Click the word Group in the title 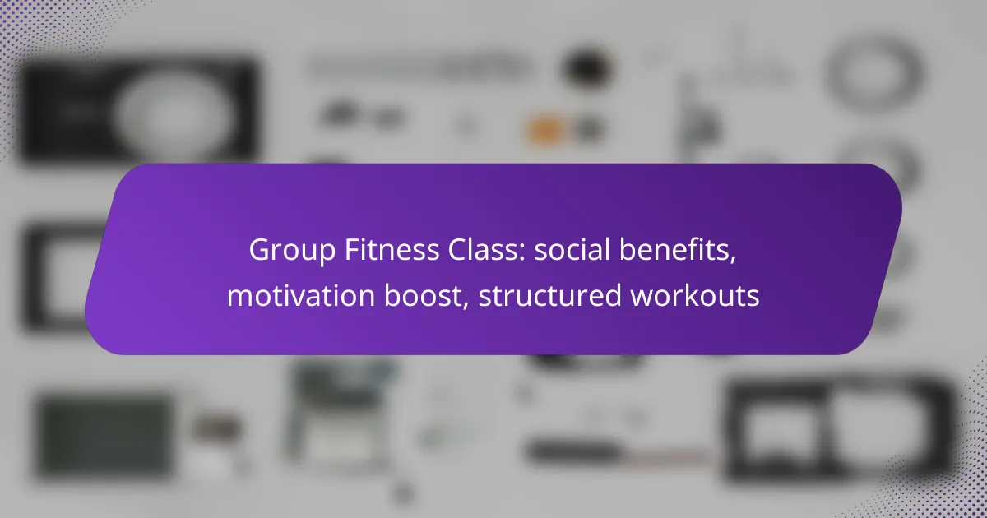pyautogui.click(x=292, y=251)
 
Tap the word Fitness pyautogui.click(x=392, y=250)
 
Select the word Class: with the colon pyautogui.click(x=487, y=250)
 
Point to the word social pyautogui.click(x=572, y=249)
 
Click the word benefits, pyautogui.click(x=678, y=250)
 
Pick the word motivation pyautogui.click(x=300, y=295)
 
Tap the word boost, pyautogui.click(x=426, y=296)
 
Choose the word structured pyautogui.click(x=550, y=295)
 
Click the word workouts pyautogui.click(x=695, y=295)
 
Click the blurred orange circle pyautogui.click(x=546, y=130)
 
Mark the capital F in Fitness pyautogui.click(x=352, y=250)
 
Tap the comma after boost pyautogui.click(x=466, y=305)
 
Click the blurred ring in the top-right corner pyautogui.click(x=875, y=73)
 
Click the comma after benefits pyautogui.click(x=733, y=260)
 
